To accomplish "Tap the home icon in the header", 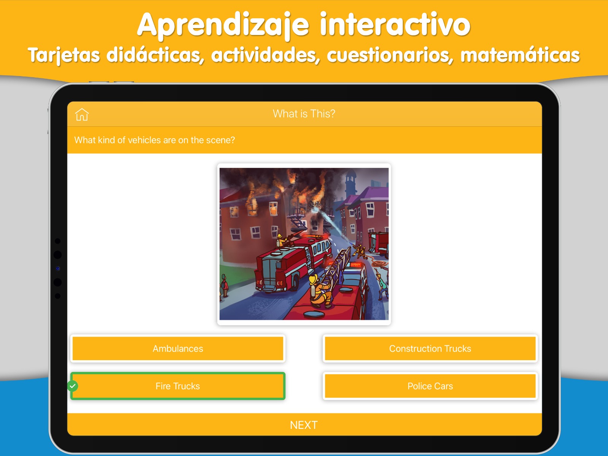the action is point(82,114).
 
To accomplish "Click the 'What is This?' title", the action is point(304,114).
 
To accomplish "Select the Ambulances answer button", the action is point(178,348).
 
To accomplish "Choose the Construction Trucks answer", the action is point(430,348).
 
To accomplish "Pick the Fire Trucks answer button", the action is point(178,386).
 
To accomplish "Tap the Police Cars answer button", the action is point(430,386).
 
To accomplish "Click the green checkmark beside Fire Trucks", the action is point(73,386).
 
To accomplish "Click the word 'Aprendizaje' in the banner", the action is point(223,25).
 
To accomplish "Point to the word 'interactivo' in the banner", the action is point(395,24).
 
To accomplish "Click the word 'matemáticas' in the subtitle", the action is point(520,55).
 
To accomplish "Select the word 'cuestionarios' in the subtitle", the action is point(390,55).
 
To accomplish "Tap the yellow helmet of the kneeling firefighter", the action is point(313,279).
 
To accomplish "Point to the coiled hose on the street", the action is point(378,263).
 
